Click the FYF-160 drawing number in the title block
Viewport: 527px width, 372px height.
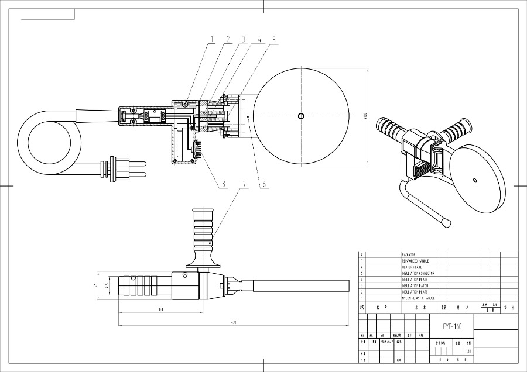pyautogui.click(x=452, y=326)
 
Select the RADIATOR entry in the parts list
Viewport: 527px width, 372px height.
pyautogui.click(x=408, y=255)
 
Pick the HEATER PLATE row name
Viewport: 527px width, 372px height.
pyautogui.click(x=411, y=267)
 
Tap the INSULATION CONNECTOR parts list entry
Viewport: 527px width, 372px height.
pyautogui.click(x=418, y=273)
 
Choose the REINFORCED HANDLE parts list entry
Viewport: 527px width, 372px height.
pyautogui.click(x=415, y=261)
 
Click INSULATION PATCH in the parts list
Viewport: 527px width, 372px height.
pyautogui.click(x=415, y=285)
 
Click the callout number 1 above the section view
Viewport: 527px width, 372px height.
pyautogui.click(x=213, y=40)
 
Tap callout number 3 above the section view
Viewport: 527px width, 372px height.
pyautogui.click(x=243, y=40)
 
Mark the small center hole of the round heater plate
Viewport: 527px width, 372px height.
pyautogui.click(x=301, y=115)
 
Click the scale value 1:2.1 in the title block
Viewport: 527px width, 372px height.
pyautogui.click(x=467, y=351)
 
